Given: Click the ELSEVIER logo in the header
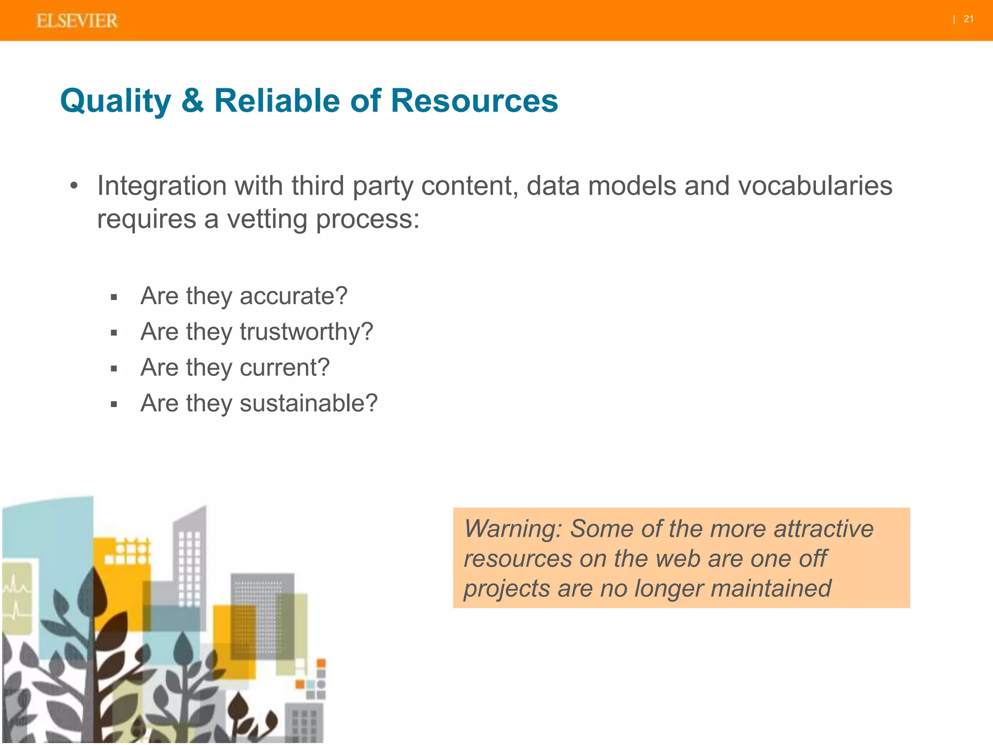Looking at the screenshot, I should pos(77,21).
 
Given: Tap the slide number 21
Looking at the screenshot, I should pos(968,19).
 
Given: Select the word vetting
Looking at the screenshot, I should pos(267,219).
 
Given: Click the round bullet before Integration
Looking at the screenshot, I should pos(74,186).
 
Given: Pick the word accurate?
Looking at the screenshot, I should pos(293,296).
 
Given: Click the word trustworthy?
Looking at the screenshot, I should pos(306,332).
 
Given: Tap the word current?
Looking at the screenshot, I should pos(285,368).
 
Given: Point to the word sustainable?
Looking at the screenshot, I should pos(308,404).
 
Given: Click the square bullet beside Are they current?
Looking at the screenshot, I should pos(114,369).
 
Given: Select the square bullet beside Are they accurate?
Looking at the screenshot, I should pos(114,297).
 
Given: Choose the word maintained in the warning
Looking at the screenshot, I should pos(771,589).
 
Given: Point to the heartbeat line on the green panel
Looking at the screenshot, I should pos(17,597).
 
